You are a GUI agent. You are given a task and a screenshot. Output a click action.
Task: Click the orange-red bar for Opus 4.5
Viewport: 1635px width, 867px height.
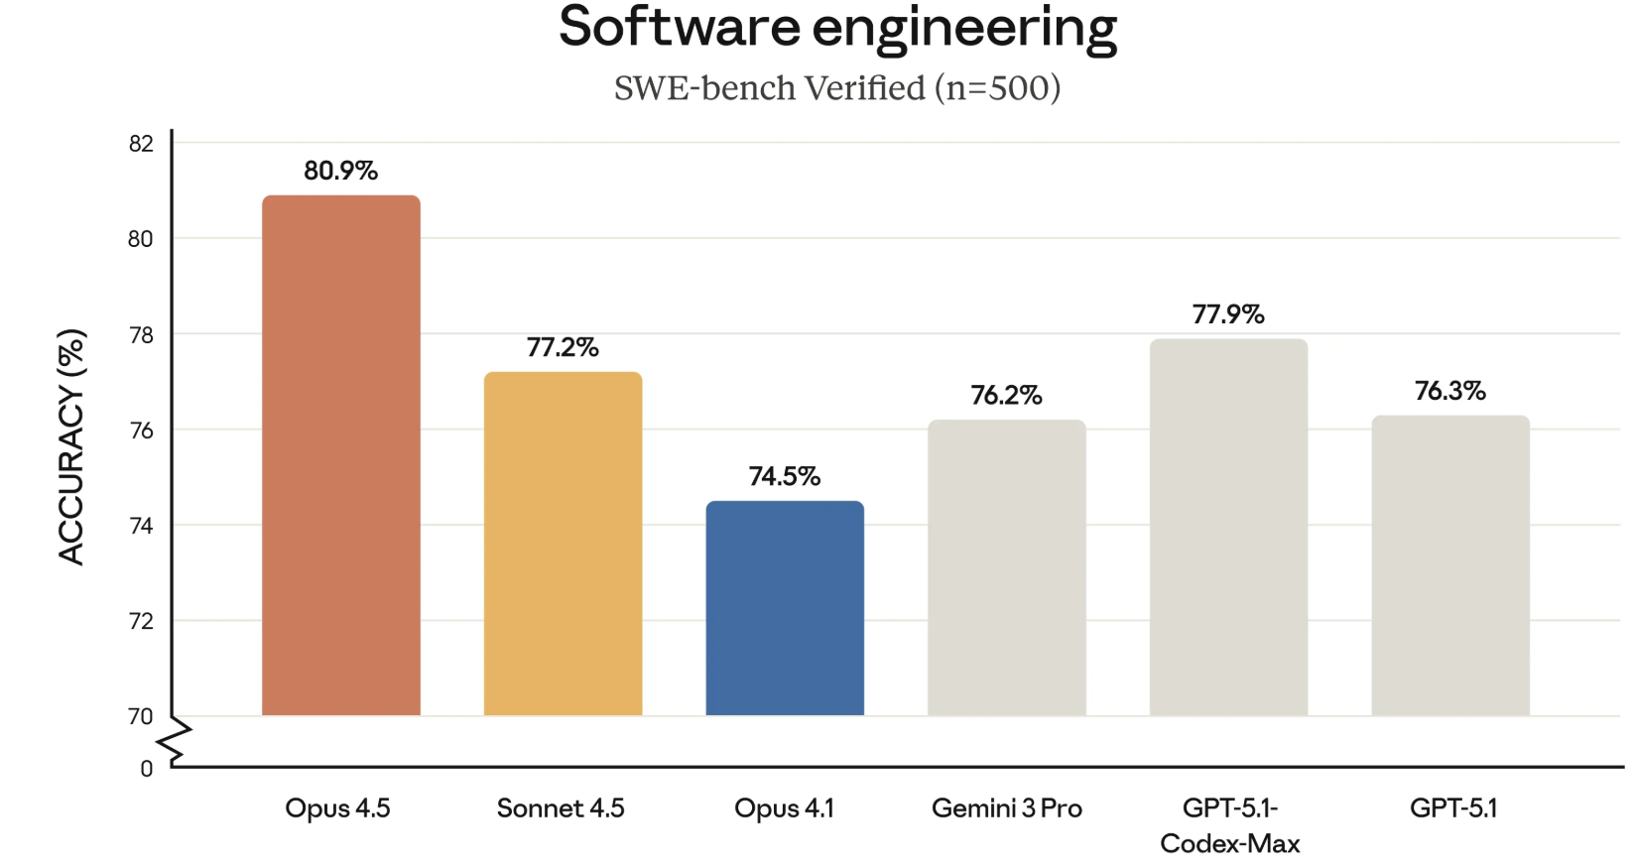[340, 455]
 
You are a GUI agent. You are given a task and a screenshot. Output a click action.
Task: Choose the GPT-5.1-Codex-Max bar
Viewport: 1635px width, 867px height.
[1228, 527]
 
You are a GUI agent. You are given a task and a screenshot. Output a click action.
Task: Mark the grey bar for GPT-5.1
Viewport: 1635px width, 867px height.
[1450, 565]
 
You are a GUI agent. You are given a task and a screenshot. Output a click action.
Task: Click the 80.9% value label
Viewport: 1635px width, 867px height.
[340, 171]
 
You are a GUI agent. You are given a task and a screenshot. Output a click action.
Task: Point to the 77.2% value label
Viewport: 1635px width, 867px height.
[563, 347]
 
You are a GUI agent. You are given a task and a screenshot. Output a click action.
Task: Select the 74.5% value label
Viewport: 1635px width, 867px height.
[785, 476]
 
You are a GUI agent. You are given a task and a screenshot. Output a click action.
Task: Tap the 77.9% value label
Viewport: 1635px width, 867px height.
[1228, 314]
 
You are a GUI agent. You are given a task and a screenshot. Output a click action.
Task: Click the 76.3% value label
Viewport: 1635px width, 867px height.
[1450, 391]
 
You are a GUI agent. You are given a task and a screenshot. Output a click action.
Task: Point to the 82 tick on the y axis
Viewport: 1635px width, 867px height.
[141, 144]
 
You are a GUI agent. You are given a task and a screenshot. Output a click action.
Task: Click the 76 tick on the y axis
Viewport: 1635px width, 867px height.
[141, 431]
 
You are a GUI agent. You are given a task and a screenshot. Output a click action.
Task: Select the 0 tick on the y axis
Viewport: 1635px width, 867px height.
[147, 769]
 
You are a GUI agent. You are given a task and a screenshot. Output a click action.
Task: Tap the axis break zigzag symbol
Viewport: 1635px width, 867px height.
[177, 741]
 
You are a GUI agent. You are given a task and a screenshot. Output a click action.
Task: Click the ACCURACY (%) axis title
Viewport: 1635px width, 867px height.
[71, 446]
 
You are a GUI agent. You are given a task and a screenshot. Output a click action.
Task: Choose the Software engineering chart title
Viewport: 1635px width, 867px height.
[837, 28]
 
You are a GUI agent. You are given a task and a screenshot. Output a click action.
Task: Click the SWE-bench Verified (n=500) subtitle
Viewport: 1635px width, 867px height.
[837, 88]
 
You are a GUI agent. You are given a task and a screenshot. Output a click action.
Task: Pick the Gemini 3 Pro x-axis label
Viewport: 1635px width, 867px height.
[1006, 808]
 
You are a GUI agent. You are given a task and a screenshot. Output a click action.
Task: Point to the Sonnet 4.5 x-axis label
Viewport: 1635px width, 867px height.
[561, 808]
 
